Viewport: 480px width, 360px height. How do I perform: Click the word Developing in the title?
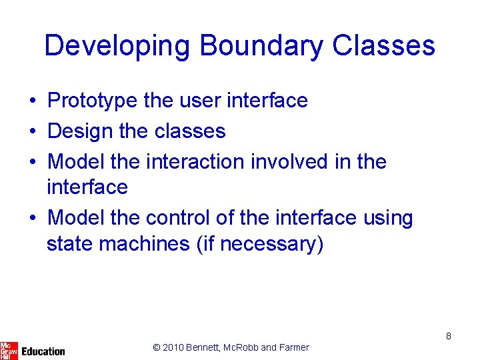tap(118, 46)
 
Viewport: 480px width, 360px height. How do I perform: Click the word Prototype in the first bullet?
tap(93, 101)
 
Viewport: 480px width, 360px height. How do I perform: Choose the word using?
tap(386, 218)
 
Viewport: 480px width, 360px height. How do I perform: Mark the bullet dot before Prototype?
tap(32, 101)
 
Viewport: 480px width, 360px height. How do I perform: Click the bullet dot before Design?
tap(32, 131)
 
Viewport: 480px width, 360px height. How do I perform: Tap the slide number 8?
tap(449, 336)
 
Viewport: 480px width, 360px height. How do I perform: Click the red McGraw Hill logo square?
tap(9, 349)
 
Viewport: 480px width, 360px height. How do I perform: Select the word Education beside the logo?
tap(43, 351)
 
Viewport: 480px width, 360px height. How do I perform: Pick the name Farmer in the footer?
tap(294, 347)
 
